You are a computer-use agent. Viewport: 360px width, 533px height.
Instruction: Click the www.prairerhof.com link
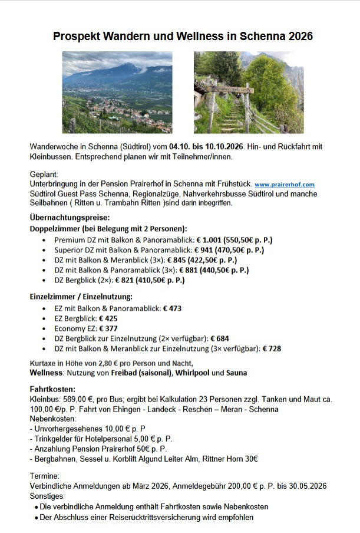click(x=285, y=185)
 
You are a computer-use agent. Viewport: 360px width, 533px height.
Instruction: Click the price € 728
click(x=272, y=348)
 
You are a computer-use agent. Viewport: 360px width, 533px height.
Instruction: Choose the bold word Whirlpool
click(x=191, y=373)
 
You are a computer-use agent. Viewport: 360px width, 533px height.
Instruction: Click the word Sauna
click(x=237, y=373)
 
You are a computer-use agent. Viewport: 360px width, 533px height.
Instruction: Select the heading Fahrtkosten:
click(x=52, y=389)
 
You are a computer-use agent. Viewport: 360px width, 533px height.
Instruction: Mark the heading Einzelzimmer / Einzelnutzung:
click(x=81, y=296)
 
